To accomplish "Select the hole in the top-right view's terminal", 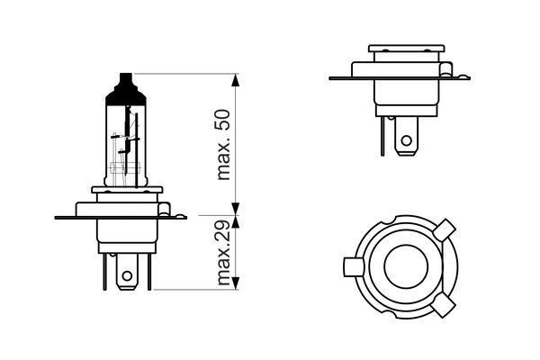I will coord(407,140).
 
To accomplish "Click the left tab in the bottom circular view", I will coord(353,268).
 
